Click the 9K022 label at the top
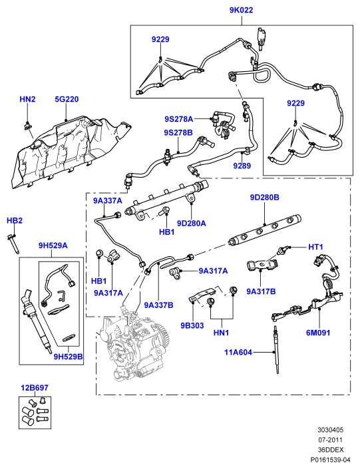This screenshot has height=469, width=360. click(241, 10)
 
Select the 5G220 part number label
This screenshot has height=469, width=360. click(67, 99)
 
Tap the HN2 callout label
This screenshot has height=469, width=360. click(27, 99)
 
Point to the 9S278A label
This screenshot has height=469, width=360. click(178, 119)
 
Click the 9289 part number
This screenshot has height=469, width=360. click(242, 166)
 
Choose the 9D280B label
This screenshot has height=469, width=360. click(265, 198)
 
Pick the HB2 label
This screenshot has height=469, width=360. click(15, 220)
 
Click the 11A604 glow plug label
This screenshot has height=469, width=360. click(238, 353)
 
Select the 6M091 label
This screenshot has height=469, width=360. click(318, 333)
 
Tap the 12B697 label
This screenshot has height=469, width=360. click(35, 388)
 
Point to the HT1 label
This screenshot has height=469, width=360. click(315, 247)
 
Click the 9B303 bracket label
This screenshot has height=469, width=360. click(192, 325)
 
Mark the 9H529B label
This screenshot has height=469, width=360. click(69, 357)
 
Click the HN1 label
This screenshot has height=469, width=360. click(221, 333)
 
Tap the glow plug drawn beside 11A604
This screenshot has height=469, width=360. click(276, 350)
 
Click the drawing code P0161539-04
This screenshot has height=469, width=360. click(330, 460)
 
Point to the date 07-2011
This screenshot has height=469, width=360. click(330, 440)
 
